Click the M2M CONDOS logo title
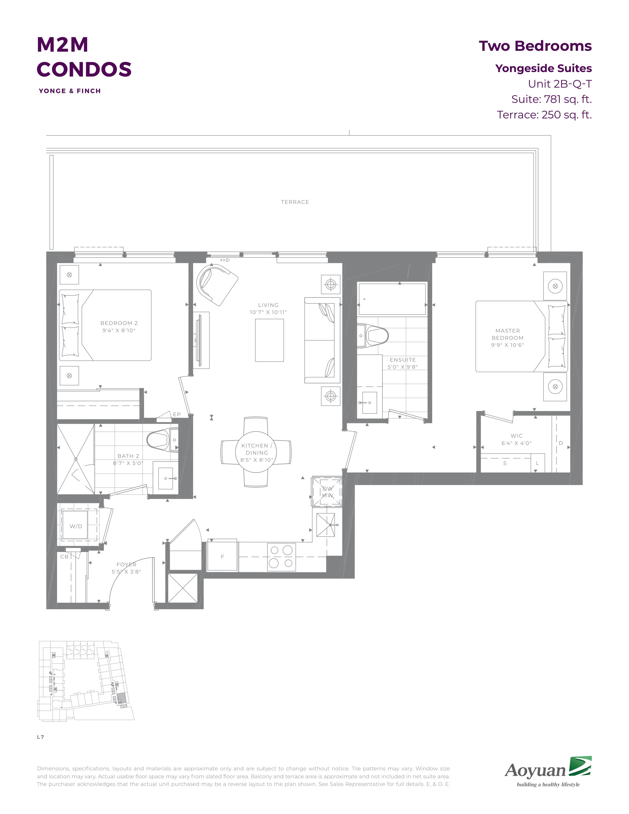click(84, 57)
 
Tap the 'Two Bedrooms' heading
click(535, 46)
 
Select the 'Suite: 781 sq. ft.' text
click(552, 99)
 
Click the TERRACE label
click(295, 202)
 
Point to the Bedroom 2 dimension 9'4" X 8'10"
click(119, 330)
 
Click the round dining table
click(256, 452)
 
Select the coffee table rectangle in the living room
click(269, 340)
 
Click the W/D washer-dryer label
click(76, 526)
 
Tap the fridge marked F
click(222, 556)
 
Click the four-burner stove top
click(281, 557)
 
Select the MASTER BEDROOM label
click(508, 334)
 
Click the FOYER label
click(126, 565)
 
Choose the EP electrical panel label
click(177, 414)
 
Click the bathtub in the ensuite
click(392, 299)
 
